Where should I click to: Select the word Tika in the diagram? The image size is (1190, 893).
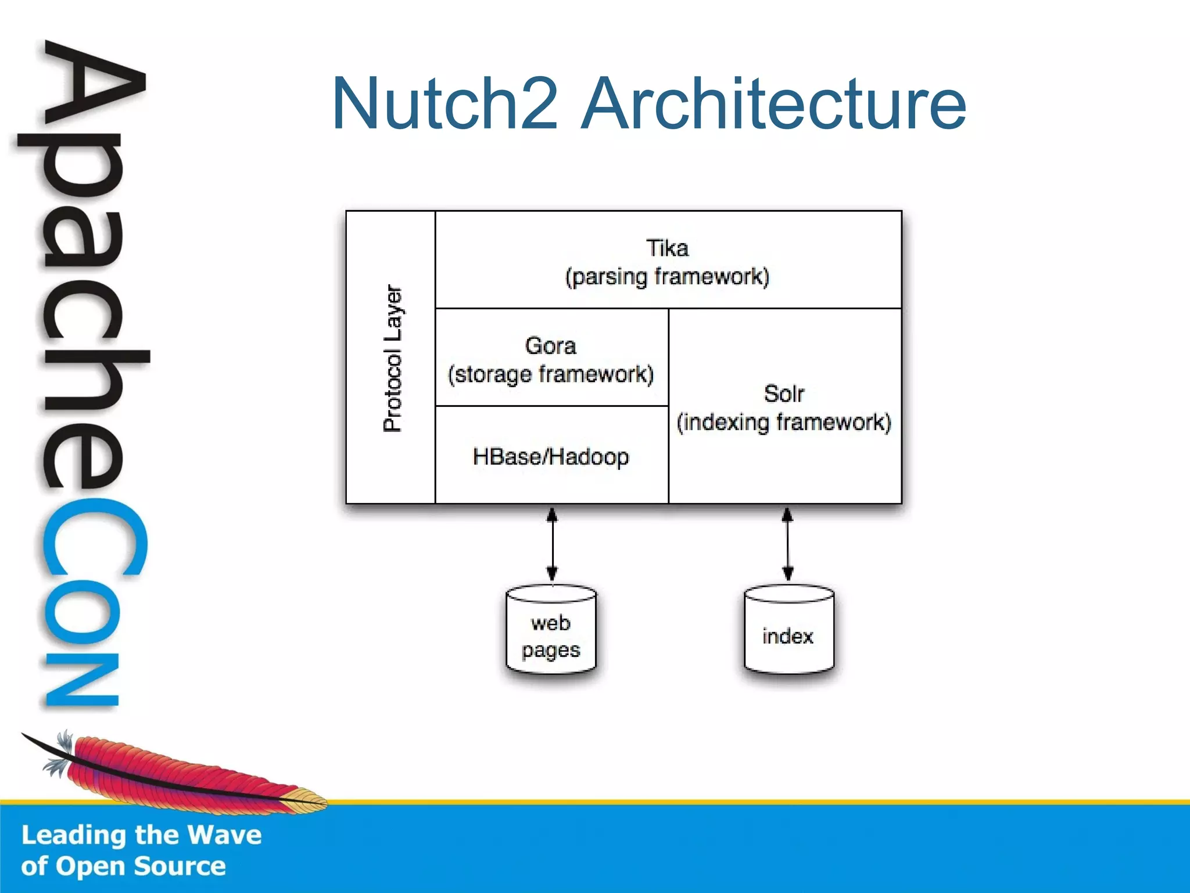(x=667, y=248)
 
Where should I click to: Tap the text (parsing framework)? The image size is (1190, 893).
(x=667, y=277)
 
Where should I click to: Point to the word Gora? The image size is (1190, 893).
(x=550, y=346)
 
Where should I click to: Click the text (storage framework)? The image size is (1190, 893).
(x=550, y=374)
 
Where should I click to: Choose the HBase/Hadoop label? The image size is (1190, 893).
(x=550, y=457)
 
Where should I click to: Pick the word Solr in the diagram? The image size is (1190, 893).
(x=784, y=394)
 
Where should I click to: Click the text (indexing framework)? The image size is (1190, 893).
(x=784, y=422)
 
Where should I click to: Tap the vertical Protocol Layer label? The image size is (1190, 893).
(x=393, y=358)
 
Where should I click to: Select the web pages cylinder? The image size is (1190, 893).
(x=551, y=631)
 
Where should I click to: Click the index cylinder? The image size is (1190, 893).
(x=788, y=631)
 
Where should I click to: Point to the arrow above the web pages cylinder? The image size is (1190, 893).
(x=552, y=544)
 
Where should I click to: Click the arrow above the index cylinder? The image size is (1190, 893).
(x=787, y=544)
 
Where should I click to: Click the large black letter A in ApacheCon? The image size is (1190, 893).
(x=93, y=87)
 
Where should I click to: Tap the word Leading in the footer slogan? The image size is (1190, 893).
(x=74, y=835)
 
